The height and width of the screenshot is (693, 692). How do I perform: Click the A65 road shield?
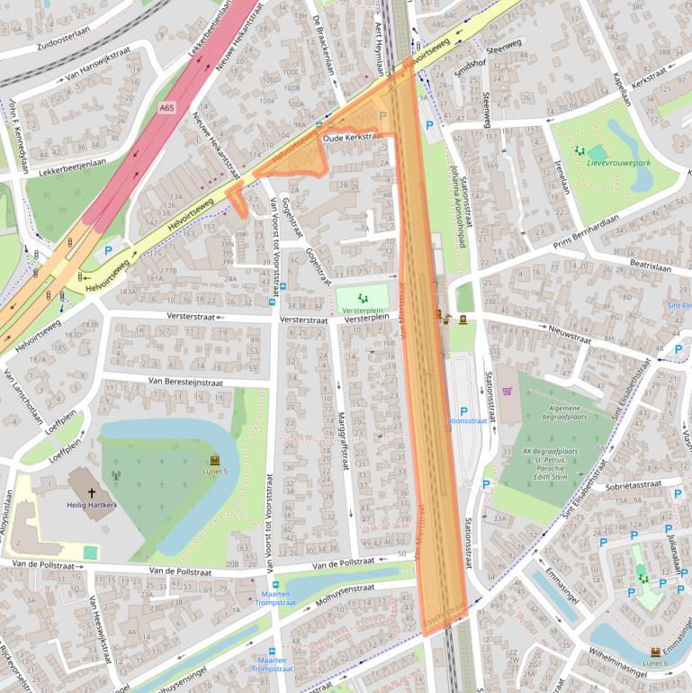click(166, 108)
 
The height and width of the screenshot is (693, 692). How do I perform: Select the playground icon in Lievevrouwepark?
click(579, 152)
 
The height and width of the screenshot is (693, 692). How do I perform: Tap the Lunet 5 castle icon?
click(214, 460)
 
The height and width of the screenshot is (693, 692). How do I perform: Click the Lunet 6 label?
click(655, 662)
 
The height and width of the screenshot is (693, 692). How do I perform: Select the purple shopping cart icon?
click(507, 391)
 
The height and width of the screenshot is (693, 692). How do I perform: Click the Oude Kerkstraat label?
click(353, 138)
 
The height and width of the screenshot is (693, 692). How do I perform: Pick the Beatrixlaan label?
click(652, 267)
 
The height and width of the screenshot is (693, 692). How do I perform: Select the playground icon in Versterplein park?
click(363, 297)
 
